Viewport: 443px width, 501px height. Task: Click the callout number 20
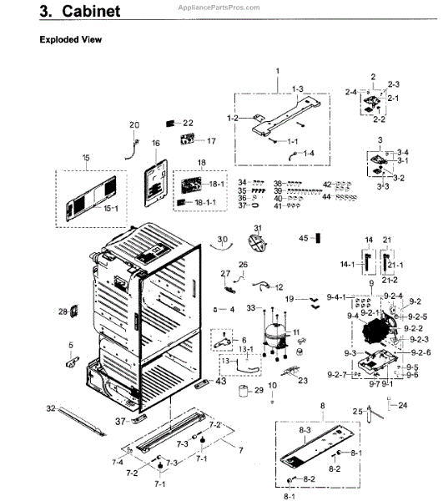(x=134, y=125)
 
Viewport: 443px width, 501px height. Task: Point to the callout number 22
(x=188, y=123)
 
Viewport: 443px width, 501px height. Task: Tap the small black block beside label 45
(x=318, y=238)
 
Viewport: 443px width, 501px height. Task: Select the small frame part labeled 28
(x=73, y=312)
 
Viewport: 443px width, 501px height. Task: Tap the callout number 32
(x=51, y=408)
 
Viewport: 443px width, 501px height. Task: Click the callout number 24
(x=403, y=406)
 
